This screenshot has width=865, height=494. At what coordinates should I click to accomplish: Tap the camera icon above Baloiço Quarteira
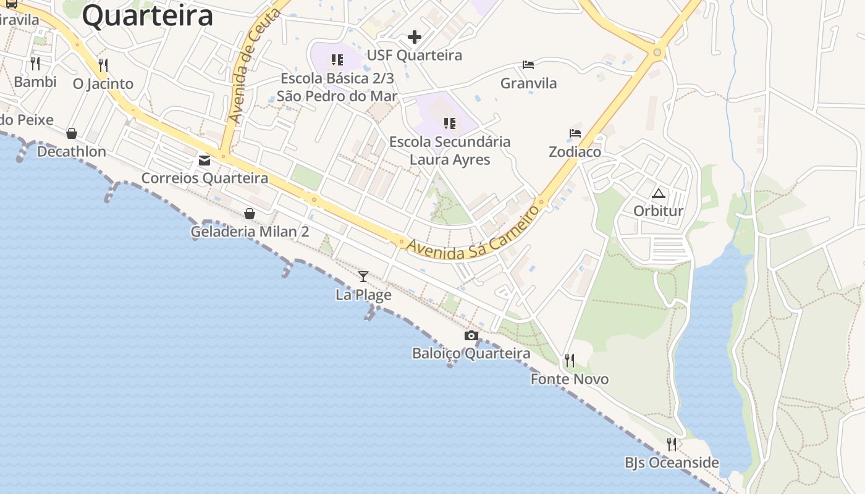click(471, 336)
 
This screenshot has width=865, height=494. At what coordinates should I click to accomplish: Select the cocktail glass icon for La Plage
click(363, 277)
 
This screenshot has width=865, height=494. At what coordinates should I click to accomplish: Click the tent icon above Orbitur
click(659, 193)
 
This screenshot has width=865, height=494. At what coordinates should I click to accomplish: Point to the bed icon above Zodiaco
click(575, 133)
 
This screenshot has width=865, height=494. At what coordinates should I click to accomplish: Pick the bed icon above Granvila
click(528, 65)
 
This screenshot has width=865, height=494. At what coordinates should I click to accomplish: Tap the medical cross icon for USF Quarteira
click(415, 37)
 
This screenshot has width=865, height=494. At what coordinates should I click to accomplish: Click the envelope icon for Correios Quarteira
click(205, 161)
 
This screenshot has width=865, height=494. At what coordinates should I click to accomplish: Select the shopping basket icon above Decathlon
click(72, 133)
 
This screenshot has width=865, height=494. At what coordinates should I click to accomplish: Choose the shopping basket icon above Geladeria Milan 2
click(250, 214)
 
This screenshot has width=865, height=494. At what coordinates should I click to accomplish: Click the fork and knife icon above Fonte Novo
click(570, 361)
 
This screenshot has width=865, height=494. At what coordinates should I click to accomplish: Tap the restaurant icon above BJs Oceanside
click(672, 445)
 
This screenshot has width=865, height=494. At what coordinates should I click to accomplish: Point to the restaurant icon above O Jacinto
click(103, 65)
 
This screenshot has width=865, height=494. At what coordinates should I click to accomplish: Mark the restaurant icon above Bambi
click(35, 63)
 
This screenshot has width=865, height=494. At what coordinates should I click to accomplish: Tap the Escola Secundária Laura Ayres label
click(450, 151)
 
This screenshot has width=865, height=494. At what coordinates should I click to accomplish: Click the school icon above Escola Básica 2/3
click(337, 60)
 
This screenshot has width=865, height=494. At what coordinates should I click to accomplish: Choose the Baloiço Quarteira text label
click(471, 353)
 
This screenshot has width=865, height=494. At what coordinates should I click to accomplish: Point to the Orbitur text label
click(659, 211)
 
